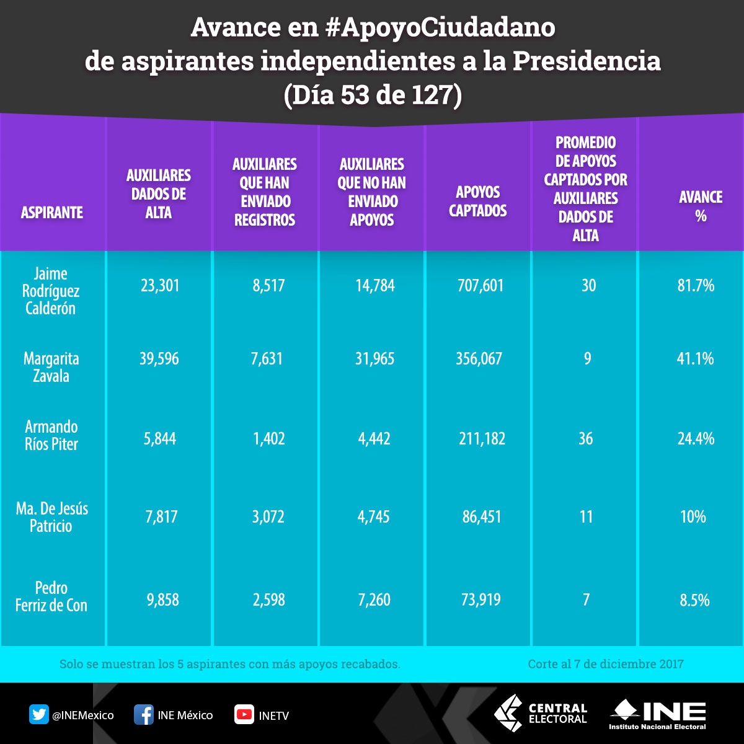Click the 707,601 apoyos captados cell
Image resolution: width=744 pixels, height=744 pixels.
pyautogui.click(x=479, y=286)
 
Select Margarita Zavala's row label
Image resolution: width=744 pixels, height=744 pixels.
pyautogui.click(x=51, y=367)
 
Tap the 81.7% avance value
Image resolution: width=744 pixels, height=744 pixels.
pyautogui.click(x=696, y=285)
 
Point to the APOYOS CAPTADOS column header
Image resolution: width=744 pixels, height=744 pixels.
pyautogui.click(x=478, y=201)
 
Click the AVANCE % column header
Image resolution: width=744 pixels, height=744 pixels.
pyautogui.click(x=701, y=206)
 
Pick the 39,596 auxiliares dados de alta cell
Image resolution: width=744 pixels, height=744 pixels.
pyautogui.click(x=159, y=359)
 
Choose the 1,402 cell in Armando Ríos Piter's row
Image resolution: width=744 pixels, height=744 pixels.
pyautogui.click(x=268, y=439)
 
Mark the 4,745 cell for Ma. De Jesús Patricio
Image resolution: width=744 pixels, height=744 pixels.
pyautogui.click(x=373, y=517)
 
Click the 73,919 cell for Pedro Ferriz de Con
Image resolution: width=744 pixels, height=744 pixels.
pyautogui.click(x=481, y=600)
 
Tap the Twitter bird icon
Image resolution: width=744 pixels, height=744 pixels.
pyautogui.click(x=38, y=715)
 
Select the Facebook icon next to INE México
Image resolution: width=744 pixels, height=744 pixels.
pyautogui.click(x=143, y=715)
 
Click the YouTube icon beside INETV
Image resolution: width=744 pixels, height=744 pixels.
pyautogui.click(x=244, y=715)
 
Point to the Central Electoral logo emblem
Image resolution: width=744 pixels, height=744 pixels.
pyautogui.click(x=508, y=713)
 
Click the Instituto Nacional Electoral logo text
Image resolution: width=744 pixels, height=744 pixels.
pyautogui.click(x=658, y=726)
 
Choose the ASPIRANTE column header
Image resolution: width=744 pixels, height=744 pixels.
pyautogui.click(x=52, y=213)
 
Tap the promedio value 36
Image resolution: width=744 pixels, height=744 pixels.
pyautogui.click(x=586, y=439)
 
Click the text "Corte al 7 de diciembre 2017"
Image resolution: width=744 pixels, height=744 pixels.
pyautogui.click(x=606, y=664)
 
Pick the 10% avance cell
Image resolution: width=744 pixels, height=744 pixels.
pyautogui.click(x=693, y=517)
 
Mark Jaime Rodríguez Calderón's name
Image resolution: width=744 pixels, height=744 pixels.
pyautogui.click(x=51, y=291)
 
